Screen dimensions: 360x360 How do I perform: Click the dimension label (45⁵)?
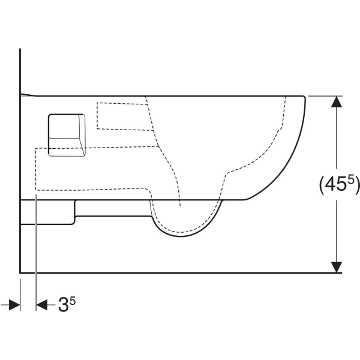coord(340,185)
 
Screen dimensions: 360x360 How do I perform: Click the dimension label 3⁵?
coord(67,304)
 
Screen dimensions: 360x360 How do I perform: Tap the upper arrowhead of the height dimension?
coord(337,102)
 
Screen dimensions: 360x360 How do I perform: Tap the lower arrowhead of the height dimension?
coord(337,267)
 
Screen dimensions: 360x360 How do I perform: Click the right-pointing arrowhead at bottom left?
coord(14,305)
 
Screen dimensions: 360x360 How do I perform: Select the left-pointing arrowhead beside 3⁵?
coord(41,305)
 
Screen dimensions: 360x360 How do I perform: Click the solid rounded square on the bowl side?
coord(67,135)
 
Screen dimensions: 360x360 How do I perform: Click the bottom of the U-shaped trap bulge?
coord(181,236)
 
